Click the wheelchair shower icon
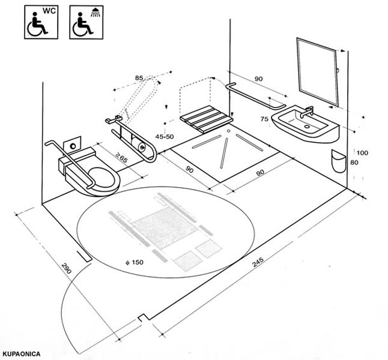[86, 22]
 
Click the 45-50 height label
[164, 137]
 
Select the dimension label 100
[362, 153]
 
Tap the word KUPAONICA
[21, 353]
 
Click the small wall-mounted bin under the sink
[338, 161]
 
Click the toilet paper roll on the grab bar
[141, 145]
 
